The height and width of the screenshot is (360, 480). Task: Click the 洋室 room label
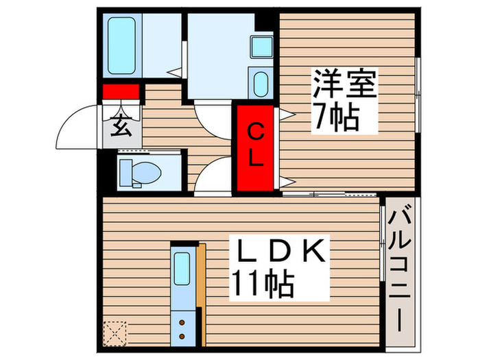pyautogui.click(x=345, y=87)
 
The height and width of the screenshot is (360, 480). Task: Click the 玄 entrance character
pyautogui.click(x=121, y=127)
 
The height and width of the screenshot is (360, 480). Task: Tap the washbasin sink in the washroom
pyautogui.click(x=261, y=85)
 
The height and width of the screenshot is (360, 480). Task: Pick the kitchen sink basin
pyautogui.click(x=182, y=269)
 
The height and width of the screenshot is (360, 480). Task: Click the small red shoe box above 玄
pyautogui.click(x=121, y=91)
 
